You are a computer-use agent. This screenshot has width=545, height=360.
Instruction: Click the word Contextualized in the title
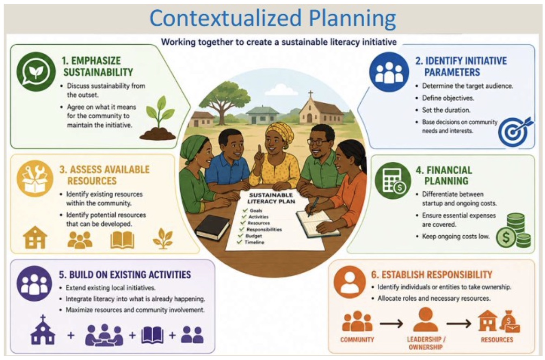coord(226,19)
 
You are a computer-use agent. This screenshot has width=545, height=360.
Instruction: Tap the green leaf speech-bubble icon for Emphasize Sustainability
coord(36,72)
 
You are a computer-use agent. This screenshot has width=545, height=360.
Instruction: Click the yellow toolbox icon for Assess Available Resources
coord(35,178)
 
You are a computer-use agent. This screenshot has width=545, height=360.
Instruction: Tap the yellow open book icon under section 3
coord(122,240)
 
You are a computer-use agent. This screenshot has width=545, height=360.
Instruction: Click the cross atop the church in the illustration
coord(310,94)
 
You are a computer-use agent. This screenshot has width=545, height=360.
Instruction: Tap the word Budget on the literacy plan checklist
coord(253,236)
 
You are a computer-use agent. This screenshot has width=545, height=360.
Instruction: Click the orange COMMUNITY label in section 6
coord(357,340)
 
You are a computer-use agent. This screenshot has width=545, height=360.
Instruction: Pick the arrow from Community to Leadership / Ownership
coord(391,324)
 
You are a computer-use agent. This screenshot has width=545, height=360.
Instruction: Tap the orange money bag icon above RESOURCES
coord(510,321)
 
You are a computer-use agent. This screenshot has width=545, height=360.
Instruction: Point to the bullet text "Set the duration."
coord(446,110)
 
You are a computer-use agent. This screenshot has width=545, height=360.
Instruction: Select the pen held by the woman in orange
coord(313,207)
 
